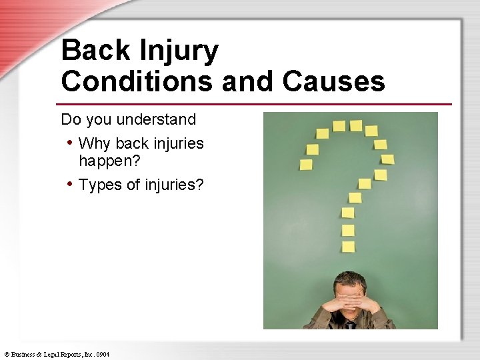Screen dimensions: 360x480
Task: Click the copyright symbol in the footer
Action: click(x=6, y=354)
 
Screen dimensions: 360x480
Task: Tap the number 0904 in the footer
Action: click(x=102, y=354)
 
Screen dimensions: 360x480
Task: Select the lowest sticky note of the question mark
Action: click(x=348, y=247)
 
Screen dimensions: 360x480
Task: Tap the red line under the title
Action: click(x=253, y=104)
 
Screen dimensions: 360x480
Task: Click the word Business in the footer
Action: click(x=23, y=354)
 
